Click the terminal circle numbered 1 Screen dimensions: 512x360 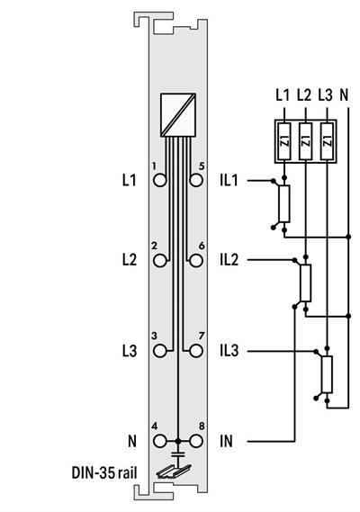click(160, 180)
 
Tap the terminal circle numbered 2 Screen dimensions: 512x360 click(160, 260)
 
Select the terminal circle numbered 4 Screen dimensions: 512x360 click(160, 441)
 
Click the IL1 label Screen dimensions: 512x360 click(229, 181)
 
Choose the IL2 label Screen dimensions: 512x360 click(229, 260)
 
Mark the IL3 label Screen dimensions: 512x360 click(229, 349)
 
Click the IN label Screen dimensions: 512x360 click(226, 441)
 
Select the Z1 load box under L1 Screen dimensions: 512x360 click(284, 141)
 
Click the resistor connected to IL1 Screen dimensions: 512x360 click(284, 204)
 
